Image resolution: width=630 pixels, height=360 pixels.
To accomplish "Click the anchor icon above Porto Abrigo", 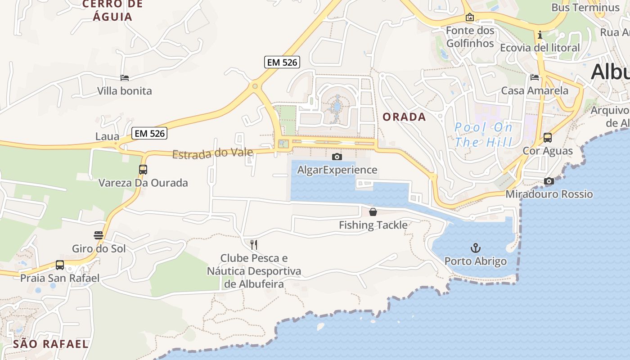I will (476, 248).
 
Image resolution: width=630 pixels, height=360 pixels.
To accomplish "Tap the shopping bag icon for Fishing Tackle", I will (373, 212).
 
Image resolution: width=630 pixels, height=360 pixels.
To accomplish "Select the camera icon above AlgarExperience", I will (337, 157).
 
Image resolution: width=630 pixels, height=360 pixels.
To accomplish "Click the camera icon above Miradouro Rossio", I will (549, 181).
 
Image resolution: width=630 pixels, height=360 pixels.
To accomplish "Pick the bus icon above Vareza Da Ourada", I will (143, 170).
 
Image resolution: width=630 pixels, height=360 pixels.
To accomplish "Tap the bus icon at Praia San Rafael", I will (60, 265).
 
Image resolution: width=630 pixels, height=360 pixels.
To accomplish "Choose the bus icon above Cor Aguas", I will (548, 138).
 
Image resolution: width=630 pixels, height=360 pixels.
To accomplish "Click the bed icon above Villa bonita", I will (125, 78).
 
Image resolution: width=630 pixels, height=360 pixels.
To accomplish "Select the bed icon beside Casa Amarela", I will (535, 77).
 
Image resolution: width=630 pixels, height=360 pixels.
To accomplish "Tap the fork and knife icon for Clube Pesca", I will (254, 245).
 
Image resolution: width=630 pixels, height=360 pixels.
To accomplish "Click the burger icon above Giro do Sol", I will (99, 235).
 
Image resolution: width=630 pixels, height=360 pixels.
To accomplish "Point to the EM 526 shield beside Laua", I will (149, 133).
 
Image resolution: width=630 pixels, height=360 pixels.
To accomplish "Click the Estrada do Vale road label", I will (212, 153).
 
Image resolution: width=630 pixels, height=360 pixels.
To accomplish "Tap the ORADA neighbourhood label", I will (404, 117).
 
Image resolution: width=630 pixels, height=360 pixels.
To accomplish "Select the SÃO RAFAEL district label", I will (50, 344).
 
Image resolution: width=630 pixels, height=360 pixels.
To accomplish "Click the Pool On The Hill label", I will (484, 135).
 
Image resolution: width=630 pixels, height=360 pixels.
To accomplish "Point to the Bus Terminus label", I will (585, 8).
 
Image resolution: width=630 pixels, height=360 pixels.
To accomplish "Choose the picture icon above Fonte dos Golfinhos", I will (470, 18).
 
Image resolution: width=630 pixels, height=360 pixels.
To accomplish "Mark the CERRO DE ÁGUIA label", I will (112, 11).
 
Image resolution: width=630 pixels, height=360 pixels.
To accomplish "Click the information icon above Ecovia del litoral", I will (540, 35).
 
